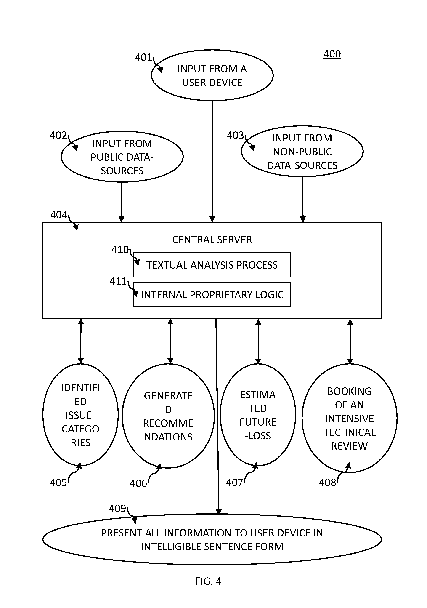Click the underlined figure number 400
tap(332, 54)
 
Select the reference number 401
tap(143, 57)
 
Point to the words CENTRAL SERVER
tap(212, 240)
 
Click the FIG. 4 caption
tap(208, 581)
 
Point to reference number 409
tap(117, 508)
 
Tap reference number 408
tap(327, 483)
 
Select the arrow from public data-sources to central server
tap(121, 202)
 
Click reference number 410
tap(120, 249)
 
